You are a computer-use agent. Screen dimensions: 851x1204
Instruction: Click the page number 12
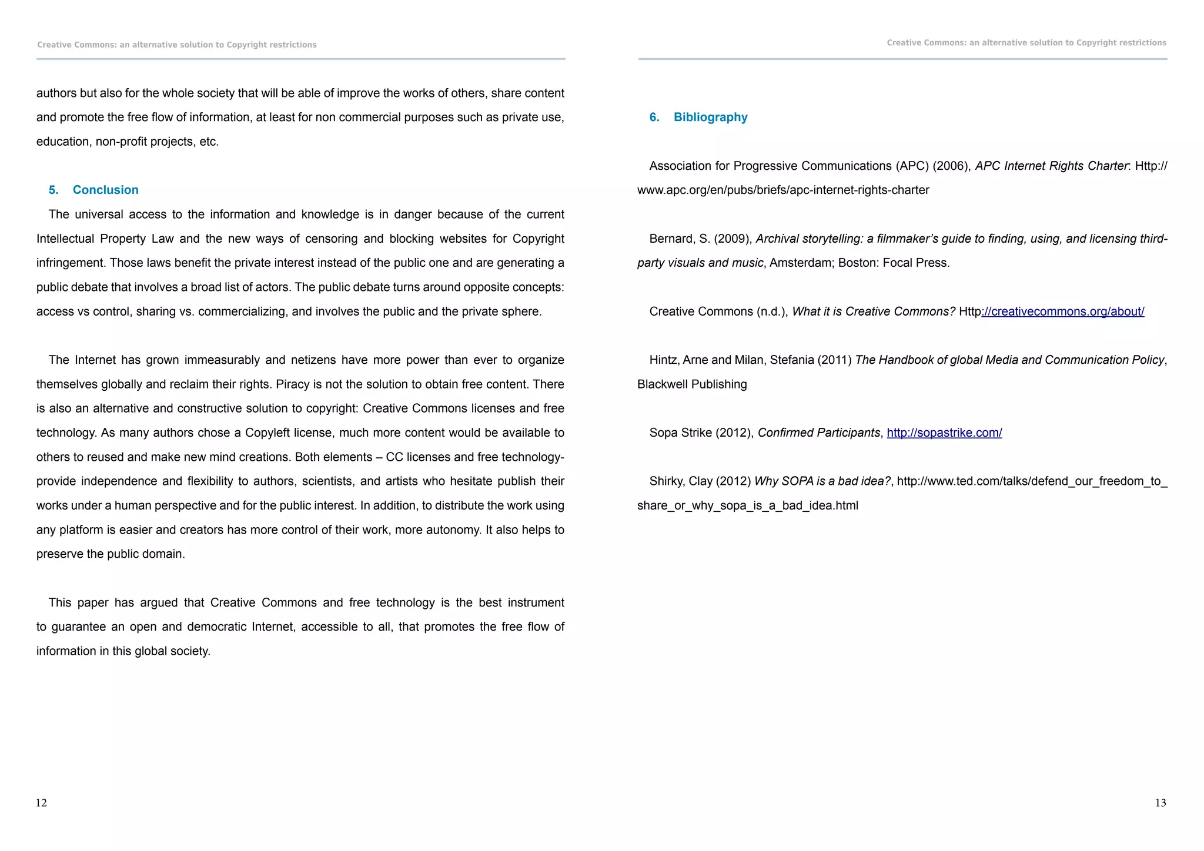click(x=41, y=803)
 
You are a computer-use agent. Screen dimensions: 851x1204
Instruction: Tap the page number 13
click(x=1160, y=803)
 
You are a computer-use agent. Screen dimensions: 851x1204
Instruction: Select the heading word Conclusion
click(x=105, y=190)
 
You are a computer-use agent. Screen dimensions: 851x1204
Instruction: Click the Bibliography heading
click(x=710, y=117)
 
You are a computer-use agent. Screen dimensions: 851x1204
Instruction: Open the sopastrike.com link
click(x=944, y=433)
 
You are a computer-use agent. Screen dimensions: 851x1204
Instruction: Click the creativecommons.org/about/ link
click(x=1063, y=311)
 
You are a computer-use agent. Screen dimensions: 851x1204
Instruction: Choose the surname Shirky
click(x=665, y=481)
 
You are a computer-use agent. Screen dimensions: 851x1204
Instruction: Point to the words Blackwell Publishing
click(x=692, y=384)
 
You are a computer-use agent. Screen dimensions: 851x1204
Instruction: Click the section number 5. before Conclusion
click(x=53, y=190)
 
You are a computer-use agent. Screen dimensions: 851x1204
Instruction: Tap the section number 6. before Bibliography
click(x=654, y=117)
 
